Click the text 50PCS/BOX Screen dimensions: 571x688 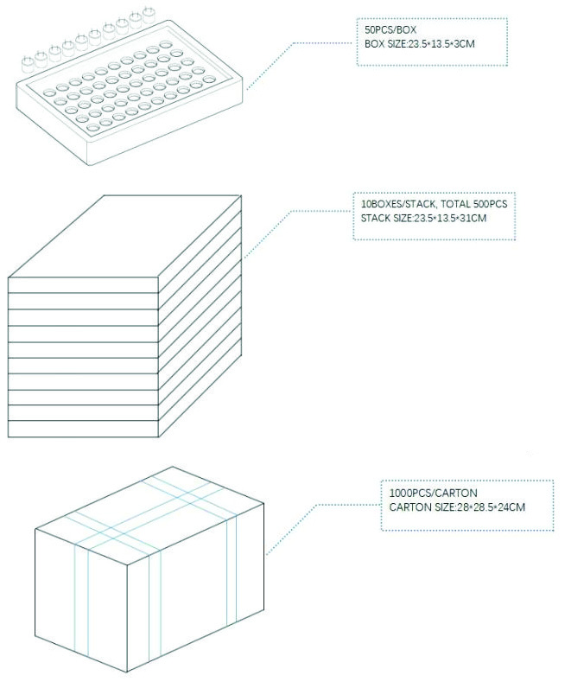(390, 30)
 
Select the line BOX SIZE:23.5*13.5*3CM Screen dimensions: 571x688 (420, 44)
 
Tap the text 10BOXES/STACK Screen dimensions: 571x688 (398, 204)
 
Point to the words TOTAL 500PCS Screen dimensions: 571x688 (473, 204)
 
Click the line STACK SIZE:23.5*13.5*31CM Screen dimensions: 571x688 (423, 218)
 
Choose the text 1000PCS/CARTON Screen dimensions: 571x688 (434, 493)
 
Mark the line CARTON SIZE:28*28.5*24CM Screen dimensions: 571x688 (457, 507)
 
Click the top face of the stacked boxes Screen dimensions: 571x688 (125, 236)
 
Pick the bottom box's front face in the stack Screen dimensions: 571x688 (83, 429)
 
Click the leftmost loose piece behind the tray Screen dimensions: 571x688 (28, 64)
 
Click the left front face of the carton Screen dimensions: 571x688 (81, 600)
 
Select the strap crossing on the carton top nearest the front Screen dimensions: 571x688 (118, 539)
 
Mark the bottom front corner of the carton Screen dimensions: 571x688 (127, 672)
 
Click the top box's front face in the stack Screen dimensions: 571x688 (83, 284)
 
